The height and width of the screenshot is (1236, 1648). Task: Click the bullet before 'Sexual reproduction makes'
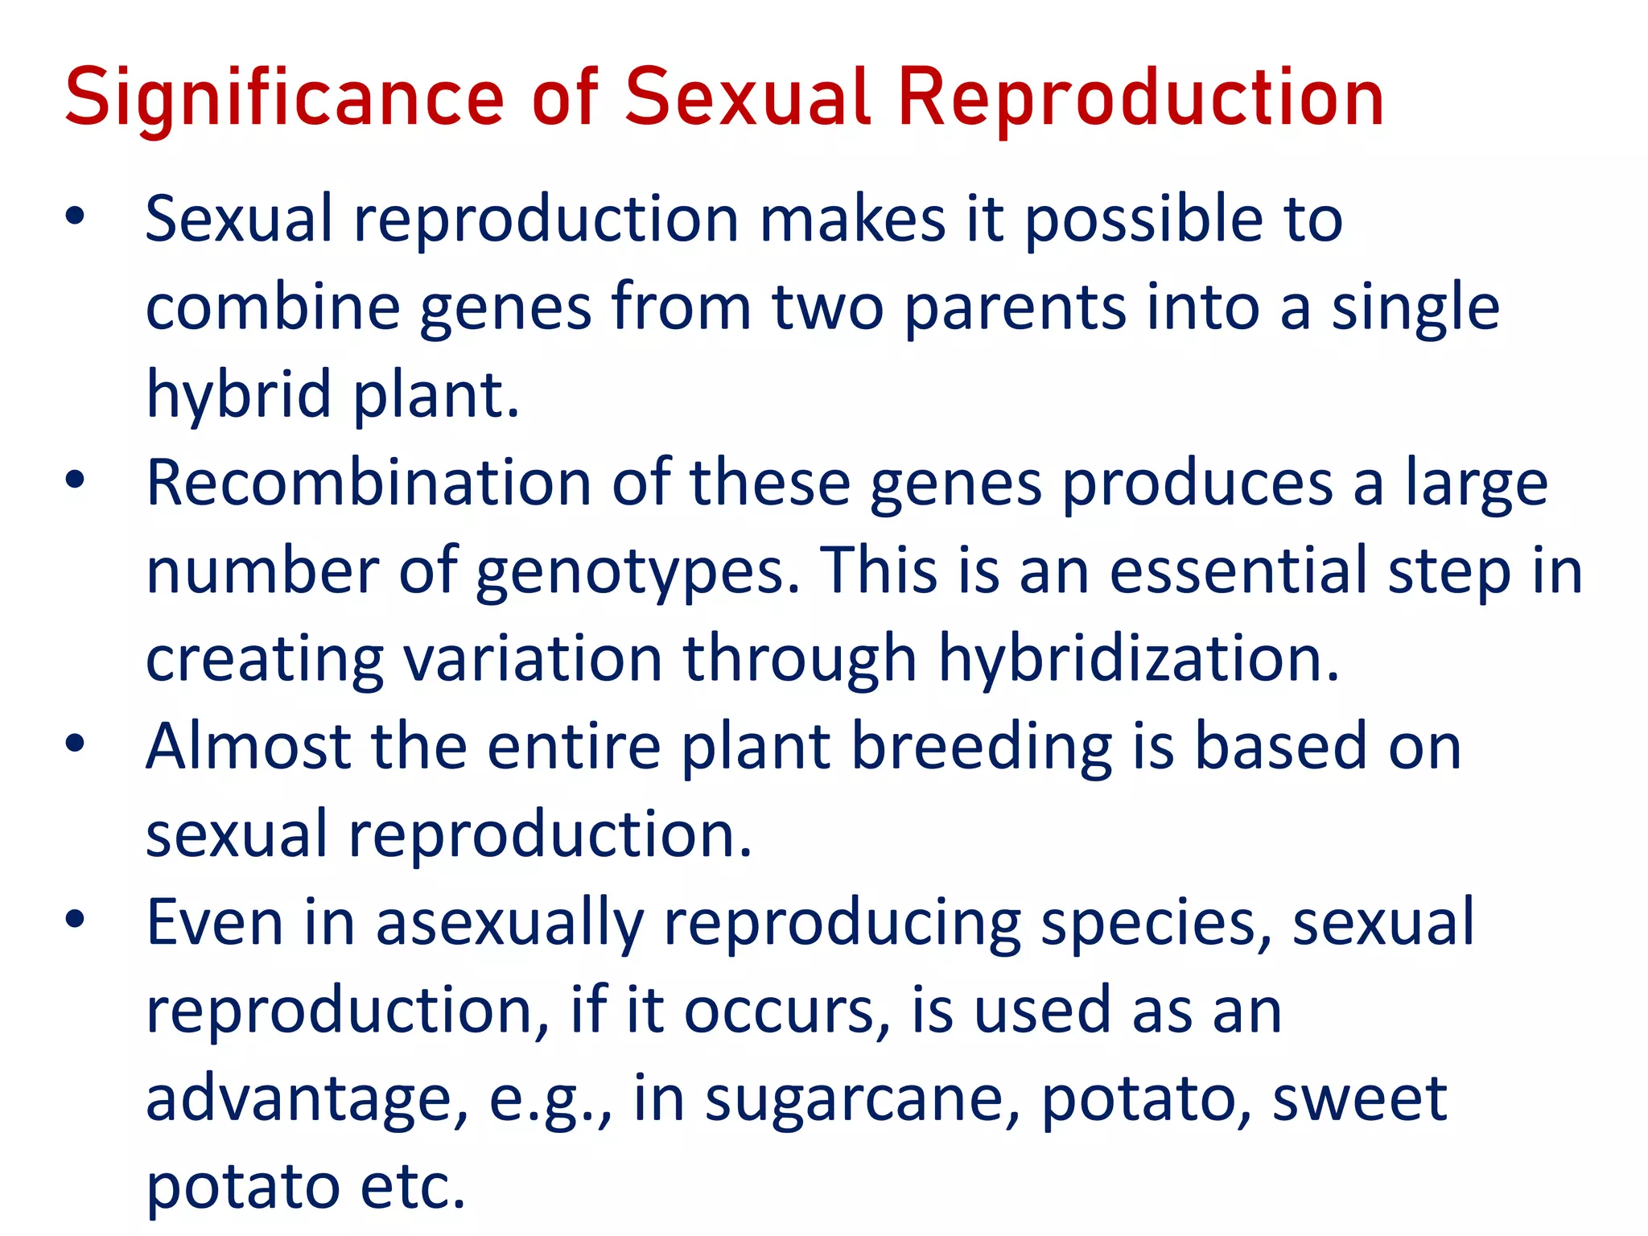pos(75,216)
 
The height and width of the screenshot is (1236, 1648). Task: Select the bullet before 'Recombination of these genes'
pos(75,480)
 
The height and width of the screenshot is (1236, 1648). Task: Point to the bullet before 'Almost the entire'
pos(75,744)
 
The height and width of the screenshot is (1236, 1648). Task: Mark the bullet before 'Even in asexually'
pos(75,920)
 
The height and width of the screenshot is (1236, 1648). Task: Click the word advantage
pos(306,1100)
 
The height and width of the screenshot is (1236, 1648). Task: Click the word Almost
pos(248,748)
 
